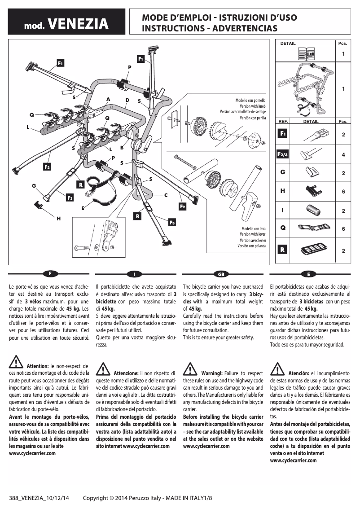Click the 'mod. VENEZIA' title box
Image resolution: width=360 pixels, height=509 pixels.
66,23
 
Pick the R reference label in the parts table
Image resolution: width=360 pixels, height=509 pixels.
283,249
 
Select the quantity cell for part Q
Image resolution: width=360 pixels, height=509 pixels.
343,229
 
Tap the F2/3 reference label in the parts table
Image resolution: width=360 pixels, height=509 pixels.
283,154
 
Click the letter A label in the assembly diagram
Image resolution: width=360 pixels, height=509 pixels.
108,99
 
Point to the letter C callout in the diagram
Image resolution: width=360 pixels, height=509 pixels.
166,195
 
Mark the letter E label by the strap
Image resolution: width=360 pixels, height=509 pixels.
83,208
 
